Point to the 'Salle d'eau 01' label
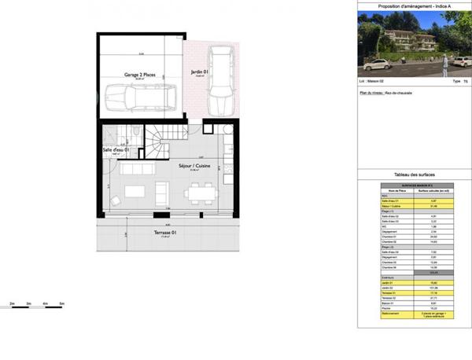tap(116, 150)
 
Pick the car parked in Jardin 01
tap(220, 82)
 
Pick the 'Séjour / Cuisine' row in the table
tap(385, 206)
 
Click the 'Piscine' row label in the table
tap(385, 308)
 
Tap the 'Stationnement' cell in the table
tap(385, 314)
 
